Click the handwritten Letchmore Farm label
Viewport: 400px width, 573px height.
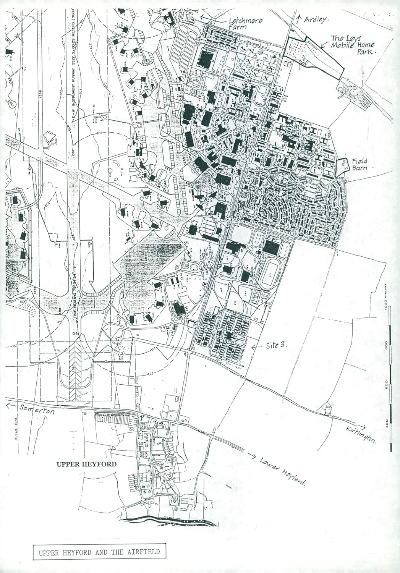245,24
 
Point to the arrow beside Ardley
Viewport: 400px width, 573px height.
299,18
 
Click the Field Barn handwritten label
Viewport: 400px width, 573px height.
360,165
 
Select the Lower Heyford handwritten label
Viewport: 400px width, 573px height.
283,470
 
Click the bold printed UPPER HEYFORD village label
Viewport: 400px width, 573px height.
86,465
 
